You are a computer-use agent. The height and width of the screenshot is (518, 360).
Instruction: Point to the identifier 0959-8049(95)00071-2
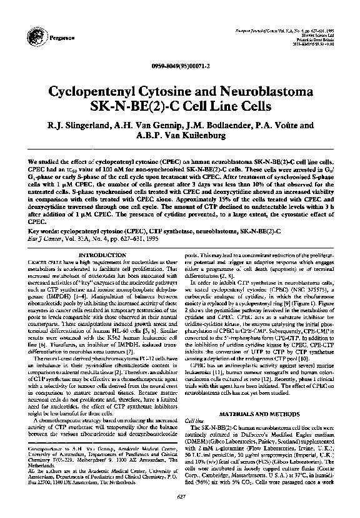179,66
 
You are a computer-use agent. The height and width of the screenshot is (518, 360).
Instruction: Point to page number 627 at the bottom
179,497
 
